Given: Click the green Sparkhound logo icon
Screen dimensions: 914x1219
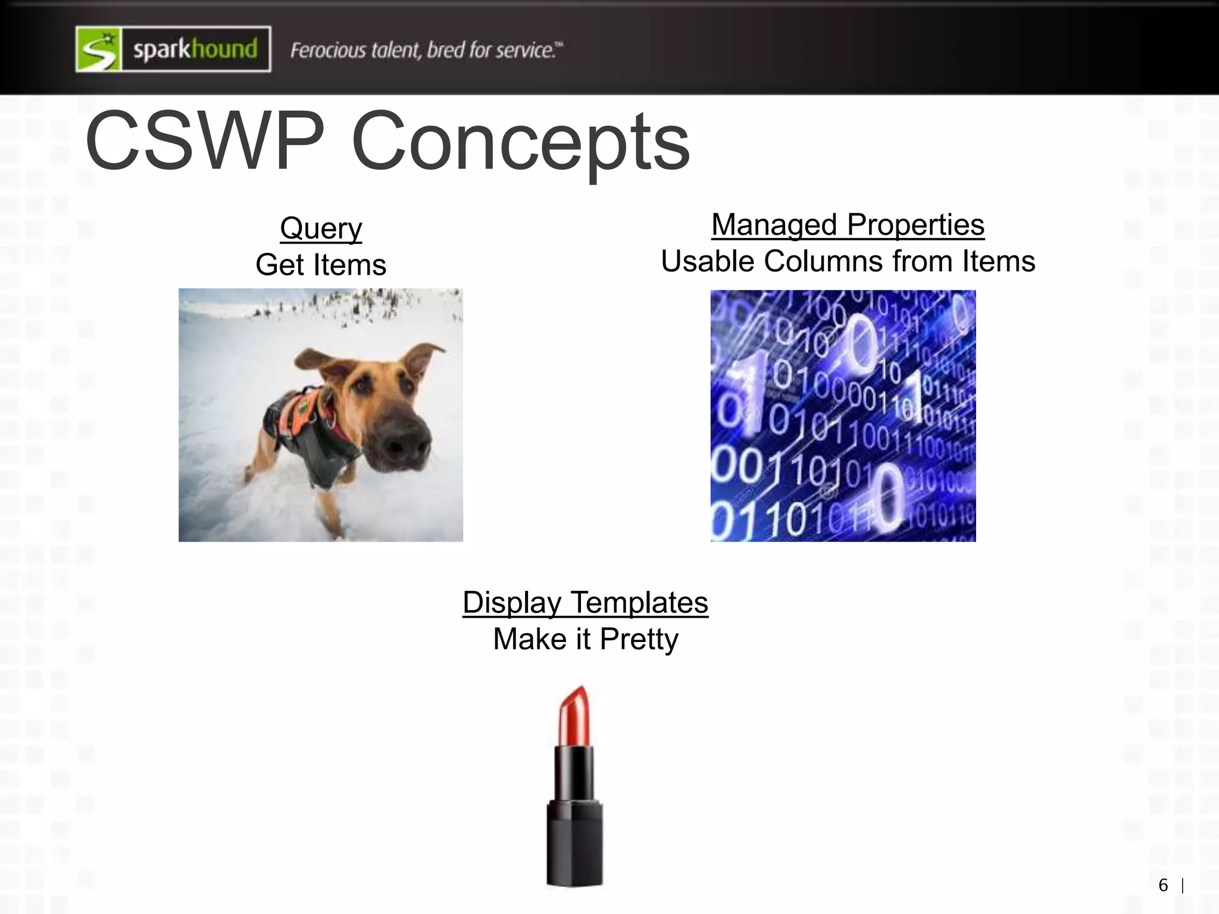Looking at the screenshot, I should pos(99,49).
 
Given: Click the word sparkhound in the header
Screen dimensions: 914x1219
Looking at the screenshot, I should pos(195,49).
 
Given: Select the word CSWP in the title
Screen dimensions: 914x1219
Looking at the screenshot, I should pos(205,142).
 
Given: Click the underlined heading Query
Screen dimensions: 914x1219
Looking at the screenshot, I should pos(321,228).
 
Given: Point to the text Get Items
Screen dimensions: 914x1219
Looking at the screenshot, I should pos(321,265).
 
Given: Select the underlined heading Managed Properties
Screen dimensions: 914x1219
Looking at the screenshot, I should pos(848,225).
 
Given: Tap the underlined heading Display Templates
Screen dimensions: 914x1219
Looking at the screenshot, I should pos(585,602).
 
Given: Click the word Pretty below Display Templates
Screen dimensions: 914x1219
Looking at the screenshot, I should pos(639,639).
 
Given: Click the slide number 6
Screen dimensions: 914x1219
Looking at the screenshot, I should pos(1163,885).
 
